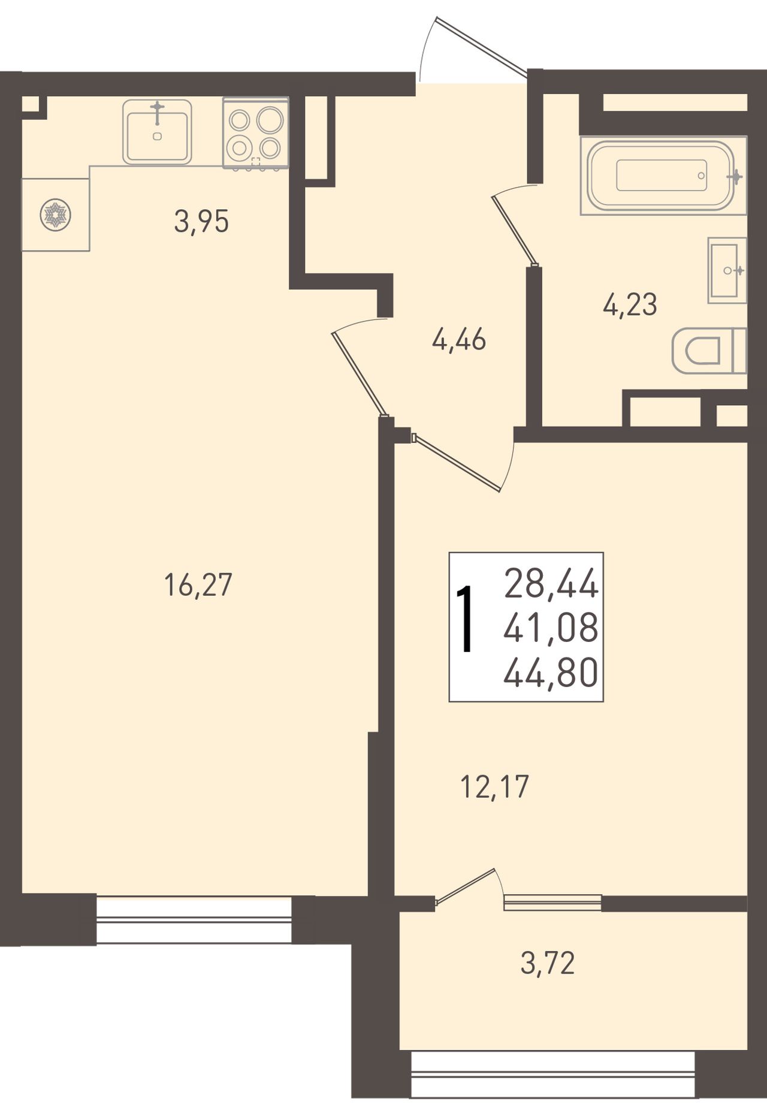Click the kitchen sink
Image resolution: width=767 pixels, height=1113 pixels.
click(x=157, y=132)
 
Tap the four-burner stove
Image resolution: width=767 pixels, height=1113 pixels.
click(x=256, y=133)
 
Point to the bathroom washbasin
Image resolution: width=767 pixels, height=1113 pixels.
click(x=727, y=270)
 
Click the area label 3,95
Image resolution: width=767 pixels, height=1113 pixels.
click(x=201, y=222)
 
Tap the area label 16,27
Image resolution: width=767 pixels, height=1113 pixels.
click(x=198, y=585)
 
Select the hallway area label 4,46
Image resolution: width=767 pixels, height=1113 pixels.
click(x=458, y=340)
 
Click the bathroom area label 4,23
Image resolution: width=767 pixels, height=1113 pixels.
click(x=630, y=304)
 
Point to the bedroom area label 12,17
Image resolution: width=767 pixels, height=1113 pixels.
click(x=494, y=786)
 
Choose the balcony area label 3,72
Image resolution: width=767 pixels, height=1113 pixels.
click(x=548, y=964)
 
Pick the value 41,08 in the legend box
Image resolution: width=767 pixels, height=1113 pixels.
click(x=551, y=628)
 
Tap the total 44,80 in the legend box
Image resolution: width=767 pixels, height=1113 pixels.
click(x=551, y=671)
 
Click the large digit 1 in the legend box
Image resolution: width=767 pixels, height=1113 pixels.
click(x=465, y=620)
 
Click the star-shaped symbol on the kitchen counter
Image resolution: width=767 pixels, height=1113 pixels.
click(x=55, y=215)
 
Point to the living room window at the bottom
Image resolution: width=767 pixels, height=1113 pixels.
click(x=194, y=919)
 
